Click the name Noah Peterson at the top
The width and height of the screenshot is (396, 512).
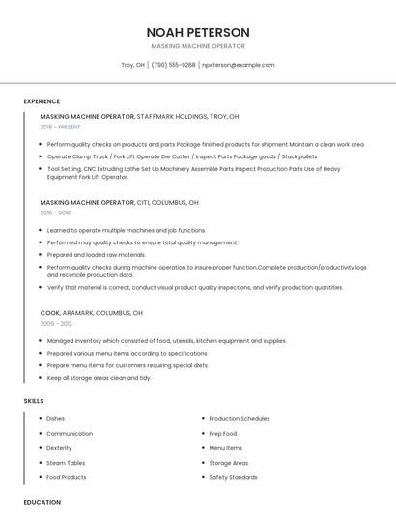click(198, 32)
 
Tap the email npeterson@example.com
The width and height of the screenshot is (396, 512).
click(238, 65)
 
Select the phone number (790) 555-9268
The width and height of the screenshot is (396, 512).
click(174, 65)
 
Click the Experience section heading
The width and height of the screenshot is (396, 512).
click(42, 101)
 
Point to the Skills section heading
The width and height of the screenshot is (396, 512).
click(34, 400)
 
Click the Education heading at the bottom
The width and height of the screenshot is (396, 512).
click(42, 502)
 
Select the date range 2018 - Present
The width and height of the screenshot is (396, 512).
click(62, 127)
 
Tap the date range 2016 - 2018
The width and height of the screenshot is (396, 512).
click(55, 213)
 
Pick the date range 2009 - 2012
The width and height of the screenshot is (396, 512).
click(55, 324)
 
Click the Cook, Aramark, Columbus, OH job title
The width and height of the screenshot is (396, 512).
click(92, 313)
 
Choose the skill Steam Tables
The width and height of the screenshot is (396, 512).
click(66, 463)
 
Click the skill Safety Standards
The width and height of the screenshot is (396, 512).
click(233, 477)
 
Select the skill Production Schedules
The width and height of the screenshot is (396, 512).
click(240, 418)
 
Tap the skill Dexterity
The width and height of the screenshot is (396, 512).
click(59, 448)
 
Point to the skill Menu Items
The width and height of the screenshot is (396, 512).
click(226, 448)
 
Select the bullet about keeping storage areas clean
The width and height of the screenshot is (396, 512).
click(99, 378)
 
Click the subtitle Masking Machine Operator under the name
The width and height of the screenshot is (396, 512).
click(198, 46)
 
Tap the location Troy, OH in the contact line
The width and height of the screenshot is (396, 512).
click(133, 65)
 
